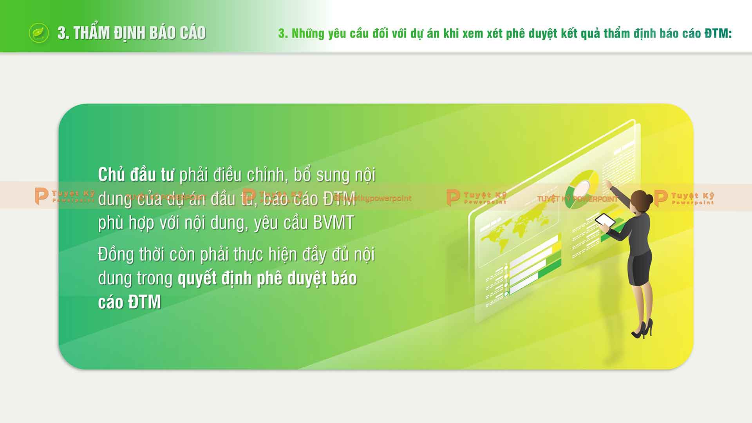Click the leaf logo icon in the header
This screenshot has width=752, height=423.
[x=39, y=33]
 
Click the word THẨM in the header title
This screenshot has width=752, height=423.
[x=91, y=33]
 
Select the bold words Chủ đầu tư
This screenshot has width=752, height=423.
[x=136, y=175]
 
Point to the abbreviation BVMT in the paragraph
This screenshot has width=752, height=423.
[x=333, y=223]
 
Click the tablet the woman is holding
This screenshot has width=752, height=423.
[x=605, y=221]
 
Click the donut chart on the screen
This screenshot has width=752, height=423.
[x=582, y=188]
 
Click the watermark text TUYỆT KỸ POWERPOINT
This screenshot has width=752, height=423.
[x=577, y=199]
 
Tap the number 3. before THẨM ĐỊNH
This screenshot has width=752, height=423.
[x=63, y=33]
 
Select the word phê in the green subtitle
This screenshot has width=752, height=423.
[x=515, y=34]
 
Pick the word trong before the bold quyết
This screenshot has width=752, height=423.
[x=154, y=278]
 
